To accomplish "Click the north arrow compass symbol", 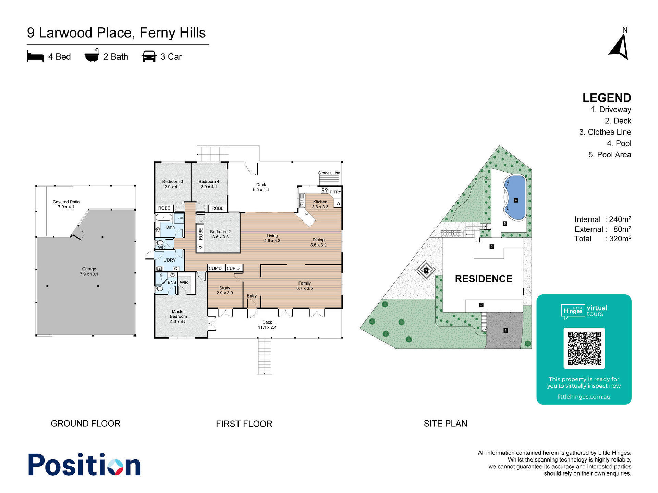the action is pos(620,47).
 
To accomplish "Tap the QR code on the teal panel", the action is pos(584,348).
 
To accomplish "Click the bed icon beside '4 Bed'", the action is pos(35,56).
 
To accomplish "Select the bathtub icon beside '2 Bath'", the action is pos(92,55).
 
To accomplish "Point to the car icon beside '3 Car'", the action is pos(149,56).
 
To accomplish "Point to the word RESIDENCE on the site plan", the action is pos(484,279).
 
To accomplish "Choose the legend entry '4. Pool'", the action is pos(619,143).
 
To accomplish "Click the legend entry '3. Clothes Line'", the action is pos(605,132).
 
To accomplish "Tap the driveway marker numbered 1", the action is pos(505,330).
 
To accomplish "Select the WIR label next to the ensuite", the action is pos(184,282).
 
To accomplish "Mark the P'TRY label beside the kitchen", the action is pos(335,192).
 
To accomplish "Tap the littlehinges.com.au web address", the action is pos(584,397).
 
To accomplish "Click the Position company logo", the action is pos(84,464).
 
